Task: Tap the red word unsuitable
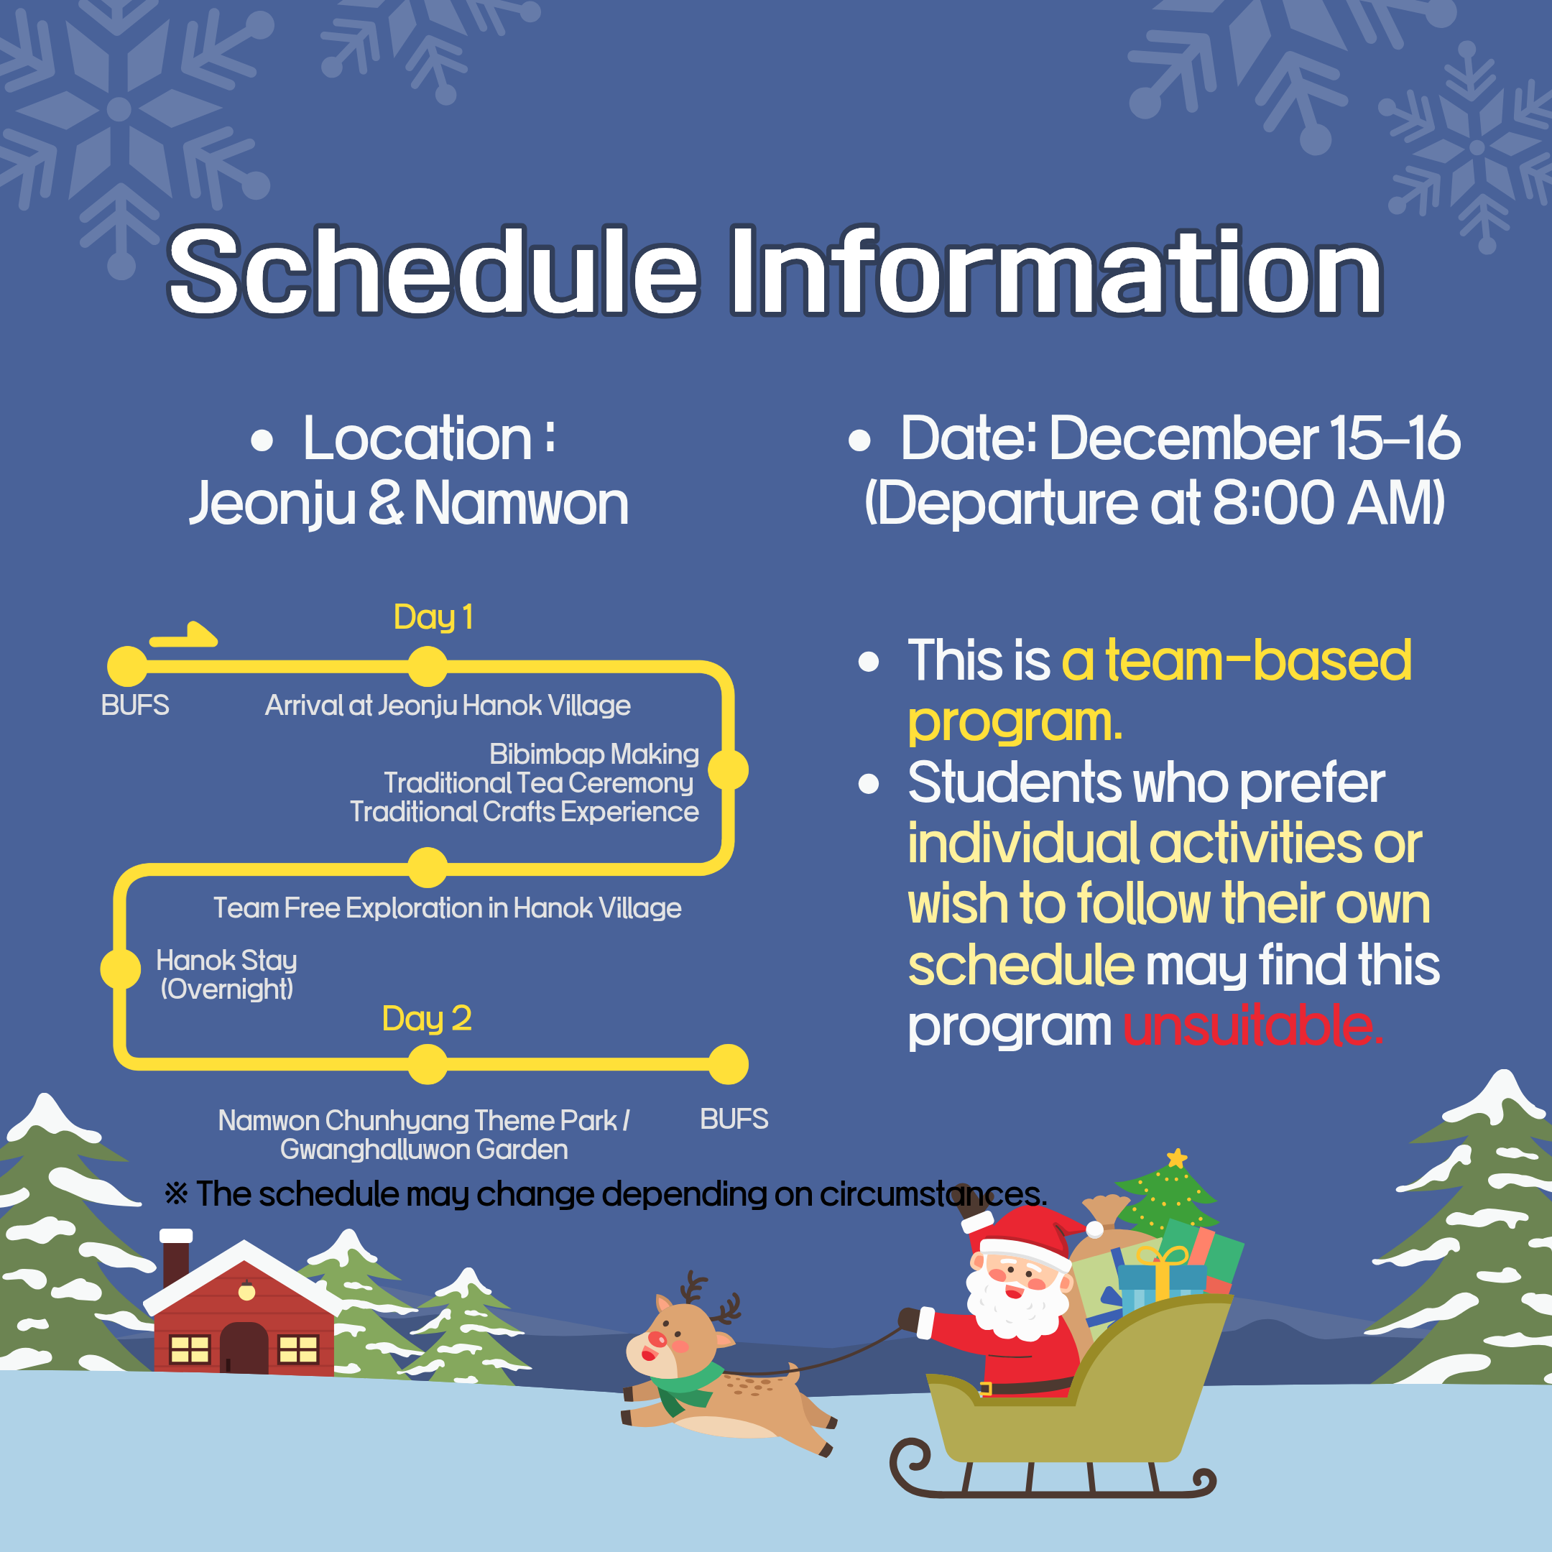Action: pyautogui.click(x=1253, y=1026)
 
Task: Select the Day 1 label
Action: pyautogui.click(x=433, y=617)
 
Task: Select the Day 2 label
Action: pyautogui.click(x=427, y=1019)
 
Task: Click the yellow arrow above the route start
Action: pyautogui.click(x=183, y=634)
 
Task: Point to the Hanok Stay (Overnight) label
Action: pyautogui.click(x=226, y=974)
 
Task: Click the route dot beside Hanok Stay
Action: pyautogui.click(x=121, y=969)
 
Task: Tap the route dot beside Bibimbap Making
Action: pyautogui.click(x=729, y=770)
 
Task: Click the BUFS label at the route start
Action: pyautogui.click(x=135, y=706)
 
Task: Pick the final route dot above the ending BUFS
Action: pyautogui.click(x=729, y=1064)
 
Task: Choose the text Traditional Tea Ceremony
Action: pyautogui.click(x=538, y=783)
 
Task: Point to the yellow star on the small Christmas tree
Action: pyautogui.click(x=1177, y=1158)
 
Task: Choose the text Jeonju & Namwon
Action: pyautogui.click(x=409, y=504)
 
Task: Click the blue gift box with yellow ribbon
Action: pyautogui.click(x=1161, y=1278)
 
